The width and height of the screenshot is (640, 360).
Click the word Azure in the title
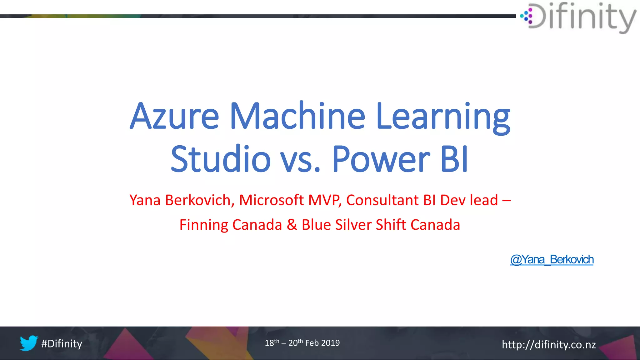tap(174, 116)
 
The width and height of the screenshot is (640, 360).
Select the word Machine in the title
tap(297, 116)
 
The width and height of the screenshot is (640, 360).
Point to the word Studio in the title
tap(220, 159)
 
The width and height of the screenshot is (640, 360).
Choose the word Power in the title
tap(381, 159)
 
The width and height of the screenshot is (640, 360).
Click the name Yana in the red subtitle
tap(145, 200)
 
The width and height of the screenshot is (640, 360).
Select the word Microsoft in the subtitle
tap(271, 200)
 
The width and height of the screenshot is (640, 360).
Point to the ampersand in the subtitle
tap(292, 225)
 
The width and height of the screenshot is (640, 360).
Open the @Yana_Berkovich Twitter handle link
tap(552, 260)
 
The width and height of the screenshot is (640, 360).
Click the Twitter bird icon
tap(29, 343)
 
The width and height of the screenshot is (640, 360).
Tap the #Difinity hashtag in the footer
tap(62, 344)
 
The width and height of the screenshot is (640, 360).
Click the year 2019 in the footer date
tap(330, 343)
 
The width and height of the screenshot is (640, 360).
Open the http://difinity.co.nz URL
tap(548, 345)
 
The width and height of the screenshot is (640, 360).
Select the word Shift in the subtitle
tap(391, 225)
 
